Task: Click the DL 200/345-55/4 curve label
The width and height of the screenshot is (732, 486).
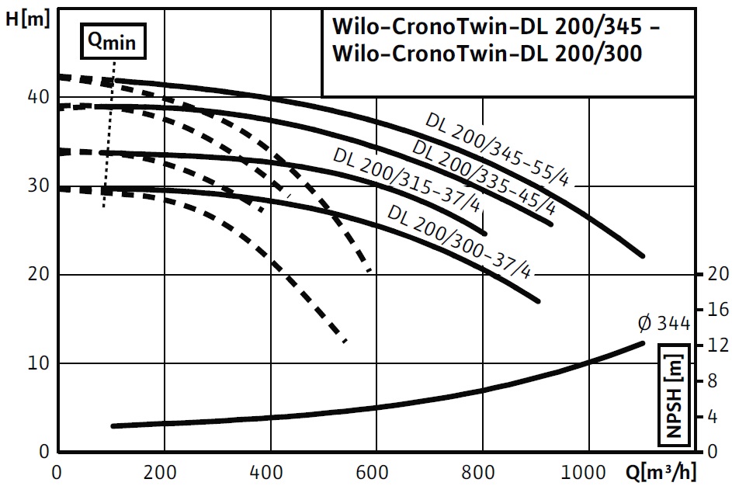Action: [x=498, y=148]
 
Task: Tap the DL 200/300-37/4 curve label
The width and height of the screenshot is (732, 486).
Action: [x=458, y=240]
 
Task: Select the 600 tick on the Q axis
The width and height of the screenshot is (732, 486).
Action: [x=376, y=472]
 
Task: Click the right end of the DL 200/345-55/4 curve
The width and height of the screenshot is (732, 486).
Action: [x=642, y=255]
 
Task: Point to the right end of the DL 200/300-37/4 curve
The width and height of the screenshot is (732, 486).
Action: [x=537, y=300]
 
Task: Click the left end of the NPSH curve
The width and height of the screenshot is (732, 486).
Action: [x=113, y=425]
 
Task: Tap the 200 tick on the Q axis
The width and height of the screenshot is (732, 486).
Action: [x=165, y=472]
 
